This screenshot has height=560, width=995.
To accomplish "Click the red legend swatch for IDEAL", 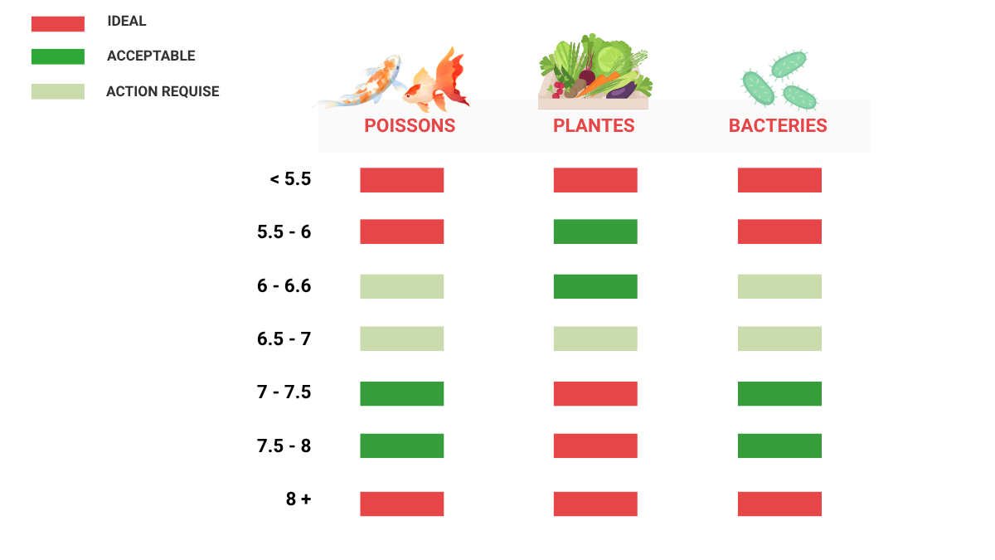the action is [58, 23].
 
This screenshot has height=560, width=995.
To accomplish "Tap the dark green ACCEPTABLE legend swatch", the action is [58, 56].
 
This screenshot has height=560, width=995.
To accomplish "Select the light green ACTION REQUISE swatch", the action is [58, 91].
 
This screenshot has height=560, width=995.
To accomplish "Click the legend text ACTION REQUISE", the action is [163, 91].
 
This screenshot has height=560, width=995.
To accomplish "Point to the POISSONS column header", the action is [410, 126].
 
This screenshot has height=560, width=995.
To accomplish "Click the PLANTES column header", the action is [594, 126].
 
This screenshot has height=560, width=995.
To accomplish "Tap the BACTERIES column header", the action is [778, 126].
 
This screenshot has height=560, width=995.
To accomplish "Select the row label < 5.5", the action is [290, 179].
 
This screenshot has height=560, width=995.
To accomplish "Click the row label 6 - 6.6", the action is [284, 285].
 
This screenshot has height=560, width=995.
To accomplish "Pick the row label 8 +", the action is [298, 499].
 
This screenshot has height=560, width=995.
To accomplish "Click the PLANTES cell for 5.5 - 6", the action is [595, 231].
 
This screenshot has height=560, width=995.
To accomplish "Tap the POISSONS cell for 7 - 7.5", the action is [402, 394].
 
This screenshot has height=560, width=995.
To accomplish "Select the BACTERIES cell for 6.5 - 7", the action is [779, 338].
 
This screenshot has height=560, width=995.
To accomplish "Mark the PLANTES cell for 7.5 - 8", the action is [595, 446].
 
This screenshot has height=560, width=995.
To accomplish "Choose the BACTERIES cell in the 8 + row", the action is [779, 504].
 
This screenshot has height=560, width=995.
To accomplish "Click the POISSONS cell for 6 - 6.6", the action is [402, 287].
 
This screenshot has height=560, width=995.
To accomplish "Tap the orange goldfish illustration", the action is [438, 82].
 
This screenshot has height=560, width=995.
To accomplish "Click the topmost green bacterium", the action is [789, 65].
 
